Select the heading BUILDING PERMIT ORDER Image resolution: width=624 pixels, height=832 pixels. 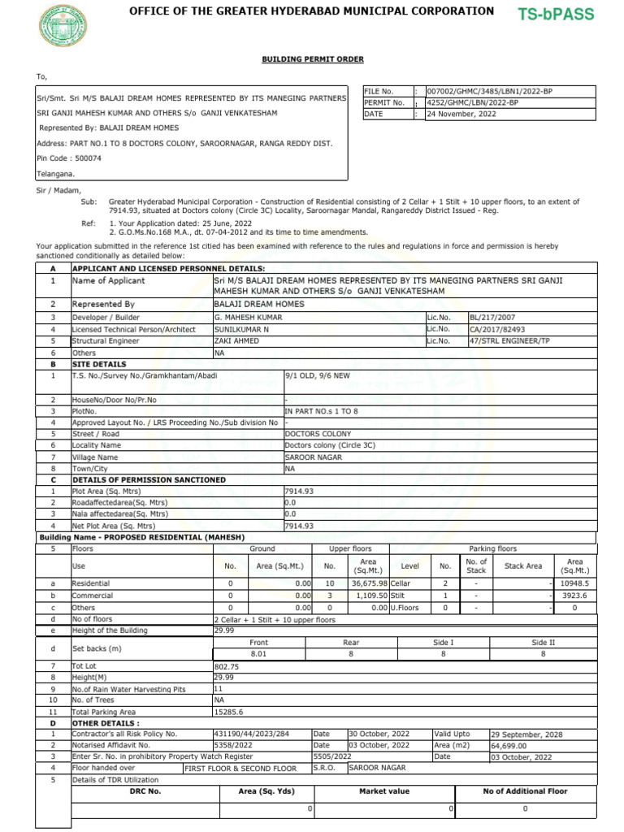pos(312,60)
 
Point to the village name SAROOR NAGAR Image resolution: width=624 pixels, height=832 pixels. pos(314,457)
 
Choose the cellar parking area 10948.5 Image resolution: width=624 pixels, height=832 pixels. pos(574,584)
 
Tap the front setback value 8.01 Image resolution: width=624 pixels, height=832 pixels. pos(259,653)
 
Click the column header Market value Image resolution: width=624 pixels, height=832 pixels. pos(384,791)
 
